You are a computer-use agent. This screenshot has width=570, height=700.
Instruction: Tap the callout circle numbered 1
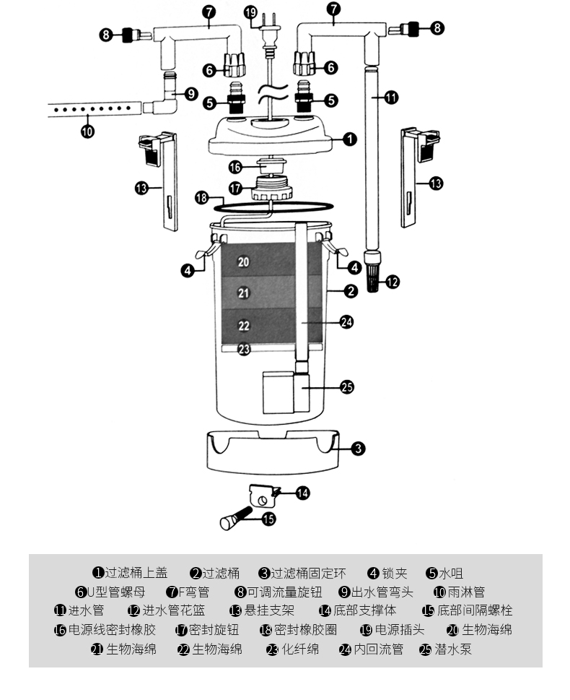[350, 139]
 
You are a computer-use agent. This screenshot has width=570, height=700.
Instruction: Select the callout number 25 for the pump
[348, 386]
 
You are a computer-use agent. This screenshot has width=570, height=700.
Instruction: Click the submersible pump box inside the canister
[286, 392]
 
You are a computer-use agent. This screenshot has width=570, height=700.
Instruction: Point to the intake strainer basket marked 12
[372, 272]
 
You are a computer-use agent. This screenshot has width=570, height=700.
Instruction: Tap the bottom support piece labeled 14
[263, 496]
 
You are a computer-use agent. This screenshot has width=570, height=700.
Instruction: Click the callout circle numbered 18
[202, 197]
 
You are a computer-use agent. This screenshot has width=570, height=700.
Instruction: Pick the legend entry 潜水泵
[446, 649]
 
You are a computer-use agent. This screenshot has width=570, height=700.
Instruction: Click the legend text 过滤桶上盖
[130, 573]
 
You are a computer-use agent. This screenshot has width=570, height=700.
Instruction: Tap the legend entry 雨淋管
[460, 592]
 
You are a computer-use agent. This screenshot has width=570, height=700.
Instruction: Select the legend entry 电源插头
[392, 630]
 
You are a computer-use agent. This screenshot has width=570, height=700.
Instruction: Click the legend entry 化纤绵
[293, 649]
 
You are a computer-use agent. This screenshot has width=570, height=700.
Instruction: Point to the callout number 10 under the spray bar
[88, 131]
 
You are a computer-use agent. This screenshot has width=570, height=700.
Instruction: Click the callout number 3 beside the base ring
[358, 448]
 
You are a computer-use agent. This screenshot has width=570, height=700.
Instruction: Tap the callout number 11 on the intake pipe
[391, 98]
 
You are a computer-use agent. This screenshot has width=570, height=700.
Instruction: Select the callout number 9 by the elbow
[191, 94]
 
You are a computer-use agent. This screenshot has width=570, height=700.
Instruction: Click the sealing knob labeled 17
[272, 188]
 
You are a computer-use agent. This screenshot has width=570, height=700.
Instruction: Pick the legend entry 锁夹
[387, 573]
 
